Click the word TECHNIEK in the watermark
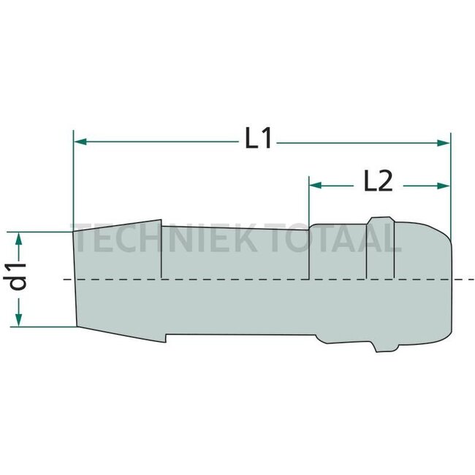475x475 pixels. coord(157,237)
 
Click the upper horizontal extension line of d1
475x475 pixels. coord(44,232)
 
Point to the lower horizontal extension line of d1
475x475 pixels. coord(44,327)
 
